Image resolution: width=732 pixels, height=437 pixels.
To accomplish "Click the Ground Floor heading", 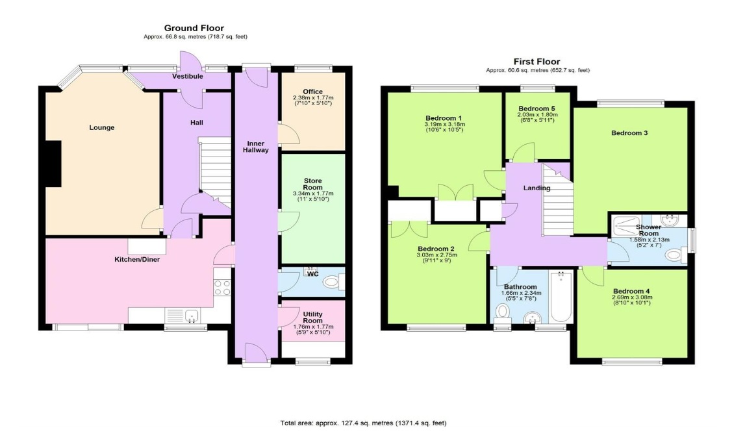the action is point(194,28).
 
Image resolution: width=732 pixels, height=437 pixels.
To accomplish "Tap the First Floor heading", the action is point(537,62).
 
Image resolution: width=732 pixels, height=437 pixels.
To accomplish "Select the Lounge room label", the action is point(102,127).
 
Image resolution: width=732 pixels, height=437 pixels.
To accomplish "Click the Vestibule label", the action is point(188,76).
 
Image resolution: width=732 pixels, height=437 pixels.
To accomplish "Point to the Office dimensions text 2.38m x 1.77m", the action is point(313,97).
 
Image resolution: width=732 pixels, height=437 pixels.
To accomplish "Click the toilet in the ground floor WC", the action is point(333,282).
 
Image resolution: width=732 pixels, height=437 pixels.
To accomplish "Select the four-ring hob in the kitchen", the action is point(222,288).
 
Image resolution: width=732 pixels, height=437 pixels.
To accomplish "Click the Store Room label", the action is point(313,184).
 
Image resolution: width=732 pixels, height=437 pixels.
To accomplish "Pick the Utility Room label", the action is point(313,318).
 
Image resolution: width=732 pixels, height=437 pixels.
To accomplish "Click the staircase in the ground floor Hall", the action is point(215,172).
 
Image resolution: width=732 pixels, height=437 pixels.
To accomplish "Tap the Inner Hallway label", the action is point(256,147).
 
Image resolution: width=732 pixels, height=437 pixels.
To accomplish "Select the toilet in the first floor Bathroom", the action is point(503,312).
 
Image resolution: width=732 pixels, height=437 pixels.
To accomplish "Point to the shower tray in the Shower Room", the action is point(627,226).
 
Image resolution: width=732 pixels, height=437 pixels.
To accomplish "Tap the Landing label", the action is point(536,188).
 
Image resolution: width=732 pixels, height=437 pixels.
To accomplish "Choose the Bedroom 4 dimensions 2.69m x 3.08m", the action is point(632,297).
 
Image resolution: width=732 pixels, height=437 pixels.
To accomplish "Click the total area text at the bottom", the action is point(363,423).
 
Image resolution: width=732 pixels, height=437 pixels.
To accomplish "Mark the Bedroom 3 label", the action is point(629,133).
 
